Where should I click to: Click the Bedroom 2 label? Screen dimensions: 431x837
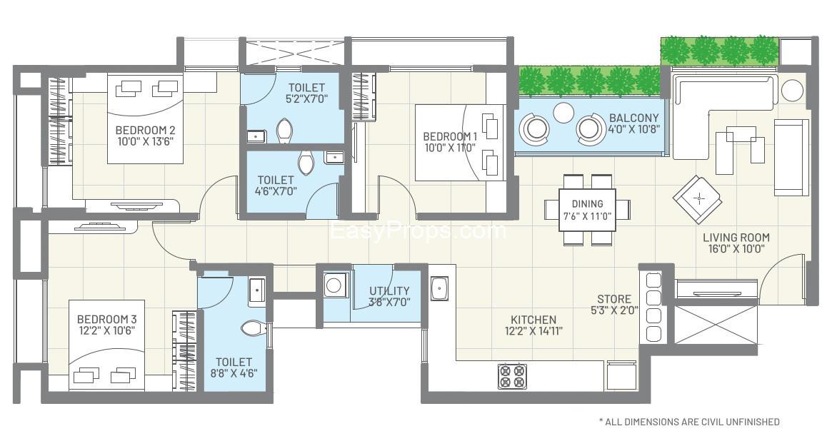click(145, 131)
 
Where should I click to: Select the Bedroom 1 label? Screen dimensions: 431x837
click(450, 136)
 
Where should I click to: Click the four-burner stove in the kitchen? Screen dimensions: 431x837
click(512, 375)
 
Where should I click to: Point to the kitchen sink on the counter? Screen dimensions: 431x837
click(438, 289)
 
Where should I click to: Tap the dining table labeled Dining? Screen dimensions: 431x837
click(587, 210)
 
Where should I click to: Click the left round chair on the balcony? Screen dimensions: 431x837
click(535, 128)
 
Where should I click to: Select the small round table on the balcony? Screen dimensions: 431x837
click(564, 112)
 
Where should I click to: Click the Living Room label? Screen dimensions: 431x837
click(736, 238)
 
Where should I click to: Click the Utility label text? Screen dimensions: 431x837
click(389, 290)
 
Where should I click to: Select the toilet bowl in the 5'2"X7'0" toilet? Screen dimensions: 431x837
click(284, 130)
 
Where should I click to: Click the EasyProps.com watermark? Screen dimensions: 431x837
click(418, 230)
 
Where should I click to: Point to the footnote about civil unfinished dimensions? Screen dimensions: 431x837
click(688, 422)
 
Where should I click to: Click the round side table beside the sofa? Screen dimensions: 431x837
click(791, 90)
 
